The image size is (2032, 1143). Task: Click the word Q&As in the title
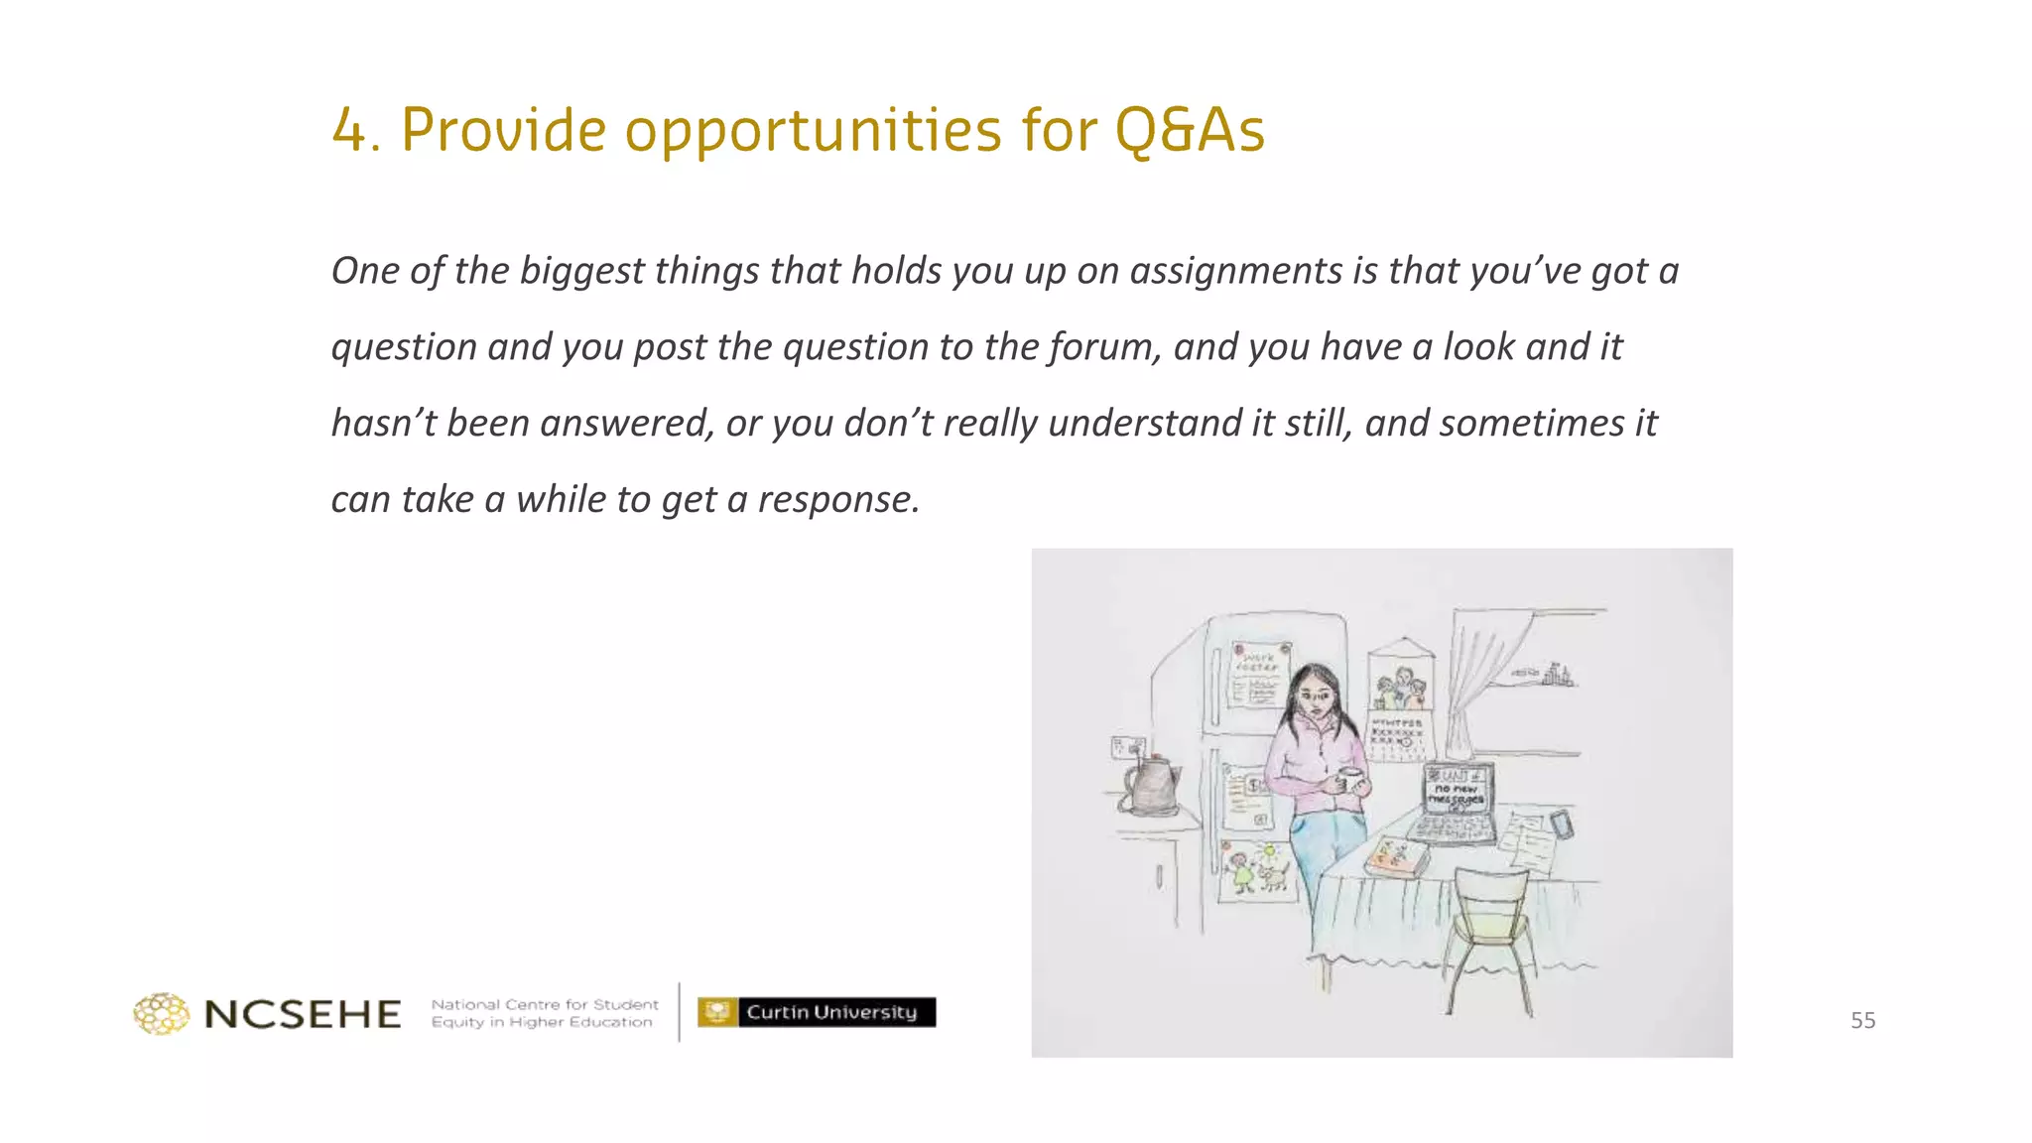[1190, 130]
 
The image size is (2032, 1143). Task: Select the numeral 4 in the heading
[349, 130]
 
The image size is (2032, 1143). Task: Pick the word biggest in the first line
[581, 271]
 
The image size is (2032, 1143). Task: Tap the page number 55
[1862, 1020]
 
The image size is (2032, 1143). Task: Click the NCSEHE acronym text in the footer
[303, 1014]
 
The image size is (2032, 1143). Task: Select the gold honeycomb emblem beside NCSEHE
[162, 1014]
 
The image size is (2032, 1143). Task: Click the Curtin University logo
[817, 1012]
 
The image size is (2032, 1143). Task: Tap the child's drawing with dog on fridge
[1256, 871]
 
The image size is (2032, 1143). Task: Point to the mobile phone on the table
[1561, 825]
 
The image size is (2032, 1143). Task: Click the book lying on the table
[1397, 856]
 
